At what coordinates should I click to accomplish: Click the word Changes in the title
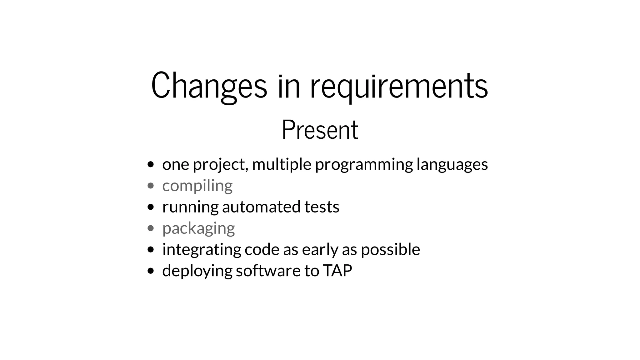click(209, 86)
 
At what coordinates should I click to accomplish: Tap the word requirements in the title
click(399, 86)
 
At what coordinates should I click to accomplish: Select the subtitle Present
click(320, 130)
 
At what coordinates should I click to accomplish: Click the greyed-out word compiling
click(197, 186)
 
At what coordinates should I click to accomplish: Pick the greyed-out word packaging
click(198, 228)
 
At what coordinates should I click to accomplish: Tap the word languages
click(452, 164)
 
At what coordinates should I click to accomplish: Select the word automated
click(261, 207)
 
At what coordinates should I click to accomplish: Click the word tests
click(322, 207)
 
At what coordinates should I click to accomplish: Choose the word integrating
click(202, 249)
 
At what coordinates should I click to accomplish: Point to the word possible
click(390, 249)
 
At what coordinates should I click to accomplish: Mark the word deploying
click(197, 271)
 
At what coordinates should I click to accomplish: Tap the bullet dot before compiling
click(151, 186)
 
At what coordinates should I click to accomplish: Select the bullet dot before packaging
click(151, 228)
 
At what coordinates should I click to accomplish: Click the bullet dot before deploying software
click(151, 271)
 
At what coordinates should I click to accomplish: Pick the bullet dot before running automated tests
click(151, 207)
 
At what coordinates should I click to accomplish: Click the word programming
click(364, 164)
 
